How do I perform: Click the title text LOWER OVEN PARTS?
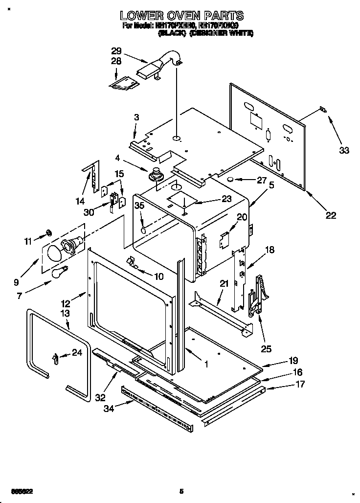pos(182,16)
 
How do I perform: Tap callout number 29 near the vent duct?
pos(116,51)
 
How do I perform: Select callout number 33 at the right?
pos(344,150)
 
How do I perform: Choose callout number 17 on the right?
pos(300,384)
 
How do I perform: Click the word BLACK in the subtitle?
pos(171,34)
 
